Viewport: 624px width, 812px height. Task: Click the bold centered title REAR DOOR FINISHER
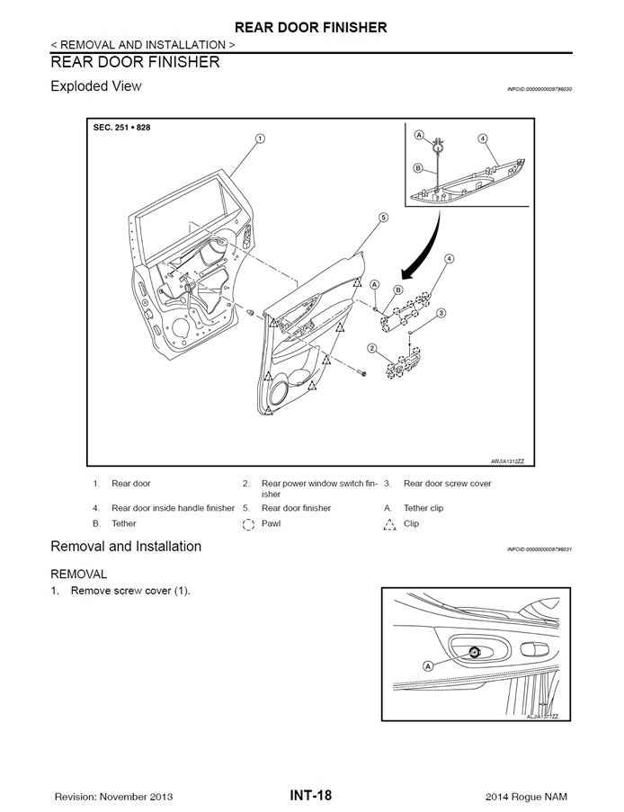[x=311, y=27]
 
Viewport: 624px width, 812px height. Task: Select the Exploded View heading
[x=96, y=86]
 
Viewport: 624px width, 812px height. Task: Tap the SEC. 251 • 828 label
[x=122, y=128]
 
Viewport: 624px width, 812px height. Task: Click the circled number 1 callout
[x=260, y=138]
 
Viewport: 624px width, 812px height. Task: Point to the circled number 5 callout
[x=383, y=218]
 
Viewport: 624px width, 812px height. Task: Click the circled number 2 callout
[x=371, y=348]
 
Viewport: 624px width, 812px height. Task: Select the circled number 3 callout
[x=441, y=314]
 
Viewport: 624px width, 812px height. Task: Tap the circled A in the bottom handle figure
[x=428, y=665]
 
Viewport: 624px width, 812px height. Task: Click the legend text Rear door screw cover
[x=447, y=484]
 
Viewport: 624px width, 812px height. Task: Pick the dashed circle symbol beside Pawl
[x=249, y=524]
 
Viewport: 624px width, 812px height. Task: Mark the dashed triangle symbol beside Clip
[x=388, y=524]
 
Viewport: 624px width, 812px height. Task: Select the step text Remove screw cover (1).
[x=130, y=591]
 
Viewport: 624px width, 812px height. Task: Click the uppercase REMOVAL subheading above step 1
[x=79, y=574]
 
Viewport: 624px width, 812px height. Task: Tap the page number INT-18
[x=311, y=795]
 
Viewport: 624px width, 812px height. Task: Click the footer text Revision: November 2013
[x=114, y=797]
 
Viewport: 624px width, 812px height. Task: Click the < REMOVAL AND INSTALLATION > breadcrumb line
[x=144, y=44]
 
